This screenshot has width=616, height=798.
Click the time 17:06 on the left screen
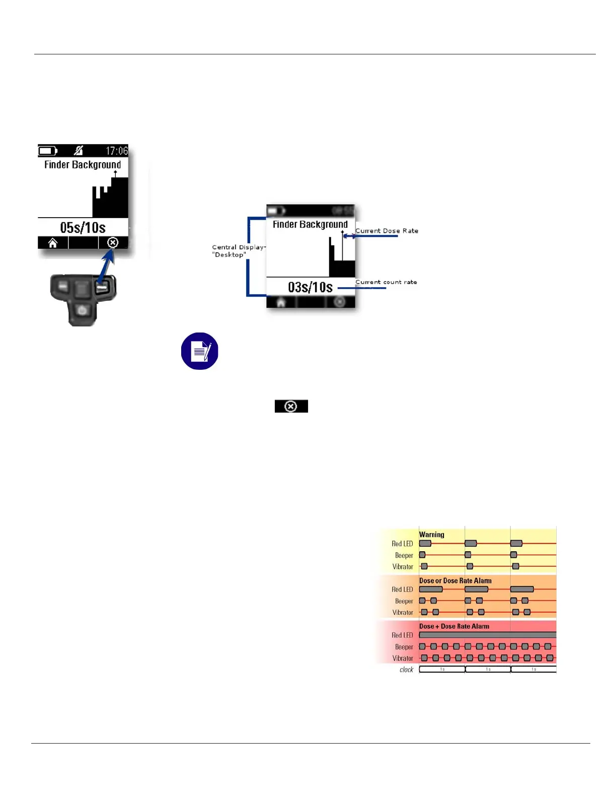tap(117, 151)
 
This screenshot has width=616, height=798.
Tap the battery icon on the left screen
tap(48, 151)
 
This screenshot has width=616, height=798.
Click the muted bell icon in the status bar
tap(79, 150)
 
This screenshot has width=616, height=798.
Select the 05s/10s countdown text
tap(83, 228)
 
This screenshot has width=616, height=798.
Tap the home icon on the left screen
tap(53, 243)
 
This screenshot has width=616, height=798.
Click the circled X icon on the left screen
tap(113, 243)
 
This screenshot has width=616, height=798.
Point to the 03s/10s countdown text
tap(310, 287)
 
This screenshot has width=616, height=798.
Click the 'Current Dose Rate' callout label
tap(387, 231)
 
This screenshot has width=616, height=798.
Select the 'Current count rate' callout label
tap(386, 282)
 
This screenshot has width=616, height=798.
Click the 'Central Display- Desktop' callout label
tap(238, 251)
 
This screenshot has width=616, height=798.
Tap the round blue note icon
tap(200, 351)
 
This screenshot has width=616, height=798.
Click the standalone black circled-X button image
tap(291, 406)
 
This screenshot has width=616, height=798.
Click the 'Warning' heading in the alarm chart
tap(432, 535)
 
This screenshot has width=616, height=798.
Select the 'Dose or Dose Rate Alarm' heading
tap(455, 580)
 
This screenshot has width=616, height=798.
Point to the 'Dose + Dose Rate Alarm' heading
tap(454, 626)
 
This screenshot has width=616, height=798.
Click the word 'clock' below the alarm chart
tap(406, 670)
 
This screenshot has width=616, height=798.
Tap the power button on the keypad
tap(83, 310)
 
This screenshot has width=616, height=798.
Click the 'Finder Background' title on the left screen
tap(83, 165)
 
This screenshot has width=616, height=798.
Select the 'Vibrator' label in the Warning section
tap(403, 567)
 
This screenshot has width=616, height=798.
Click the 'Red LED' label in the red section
tap(402, 635)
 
